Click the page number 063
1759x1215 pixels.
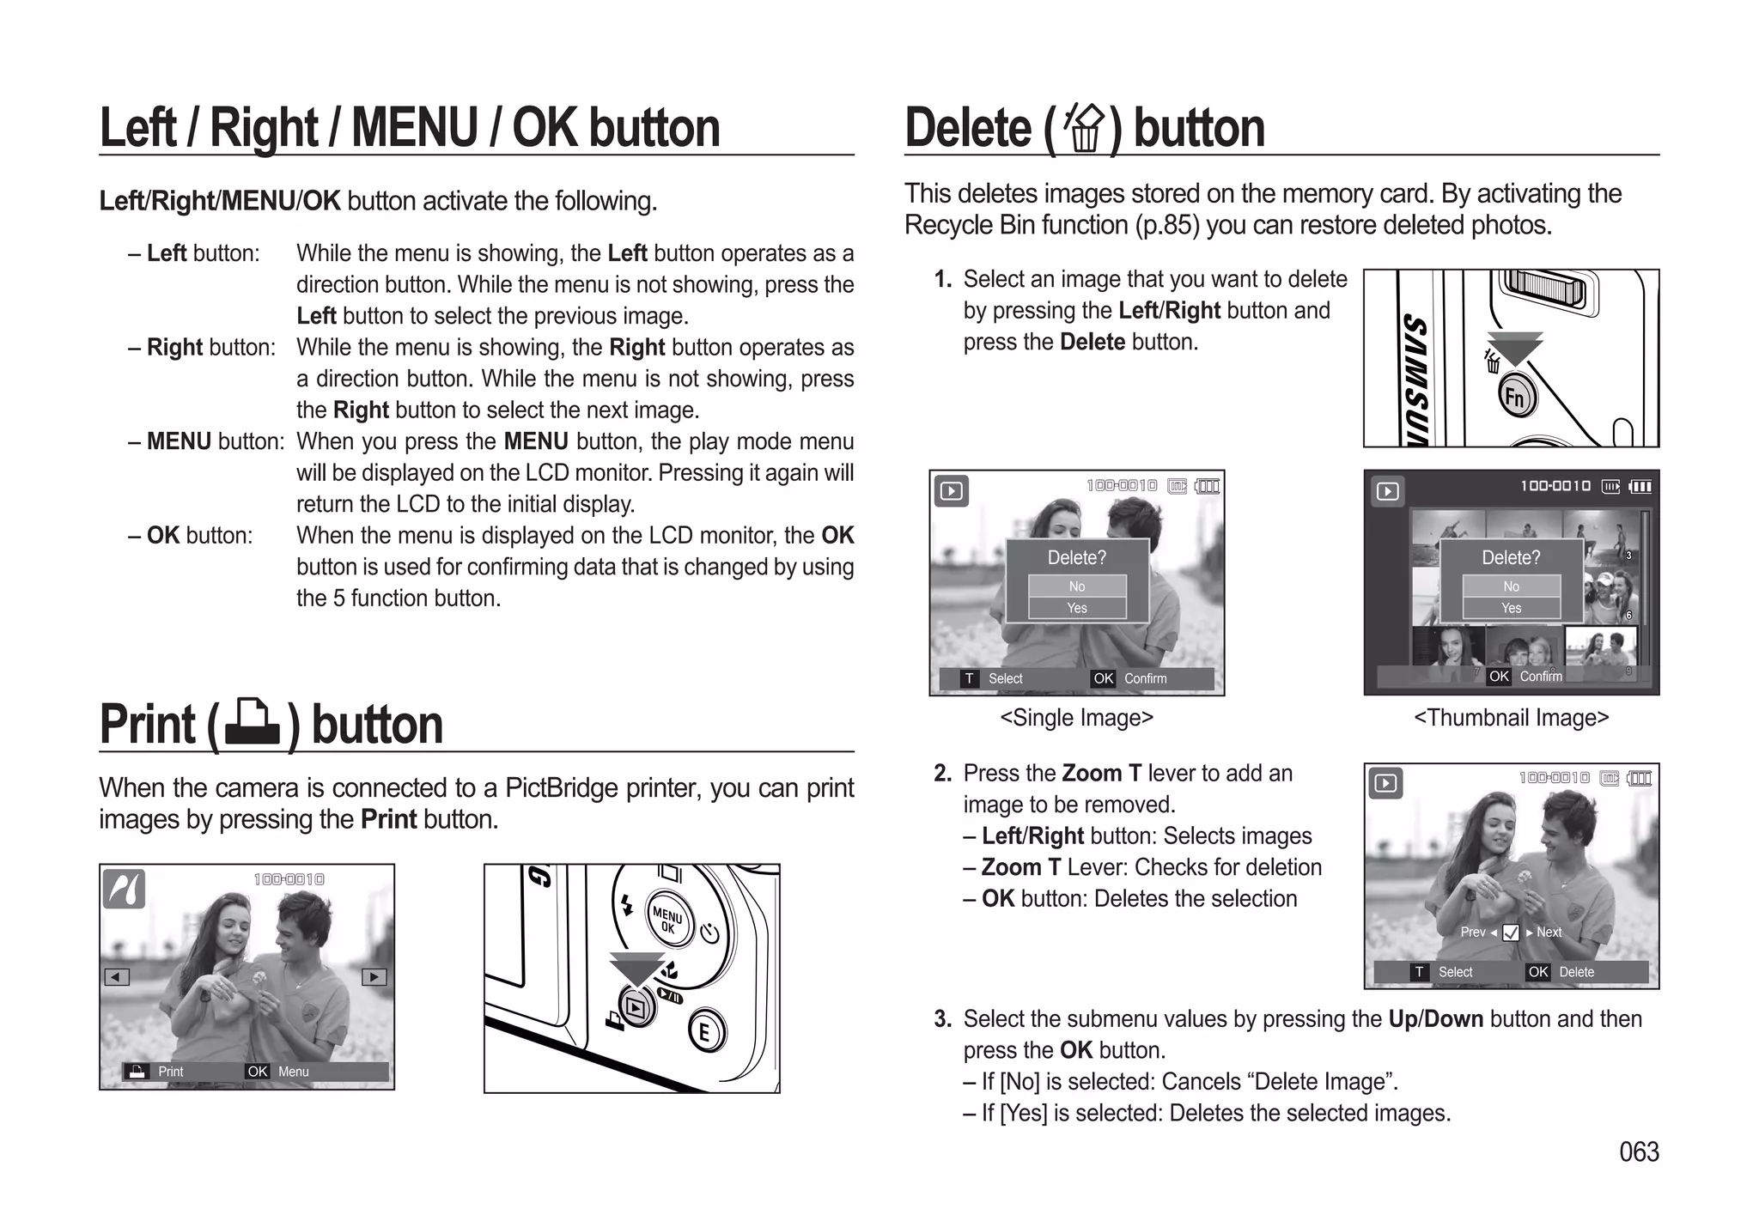[x=1639, y=1151]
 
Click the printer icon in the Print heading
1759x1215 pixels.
[x=252, y=723]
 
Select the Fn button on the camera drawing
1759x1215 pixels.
[x=1516, y=397]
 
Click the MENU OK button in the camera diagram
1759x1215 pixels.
[x=668, y=919]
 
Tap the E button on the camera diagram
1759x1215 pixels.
[x=705, y=1031]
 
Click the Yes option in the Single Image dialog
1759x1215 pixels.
[x=1077, y=608]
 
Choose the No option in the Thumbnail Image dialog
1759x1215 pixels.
[x=1511, y=586]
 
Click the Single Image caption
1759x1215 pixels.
[x=1076, y=718]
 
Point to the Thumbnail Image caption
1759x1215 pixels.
[x=1511, y=718]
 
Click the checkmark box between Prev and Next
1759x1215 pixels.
[x=1511, y=933]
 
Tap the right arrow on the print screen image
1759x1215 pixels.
[x=374, y=977]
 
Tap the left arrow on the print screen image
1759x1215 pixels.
[x=116, y=977]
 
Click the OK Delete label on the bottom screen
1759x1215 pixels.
[x=1562, y=972]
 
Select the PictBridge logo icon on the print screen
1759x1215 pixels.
[x=125, y=889]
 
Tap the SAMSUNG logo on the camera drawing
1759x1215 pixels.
[x=1415, y=378]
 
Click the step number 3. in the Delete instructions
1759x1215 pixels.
[x=942, y=1019]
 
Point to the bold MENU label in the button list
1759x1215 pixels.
[x=179, y=441]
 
